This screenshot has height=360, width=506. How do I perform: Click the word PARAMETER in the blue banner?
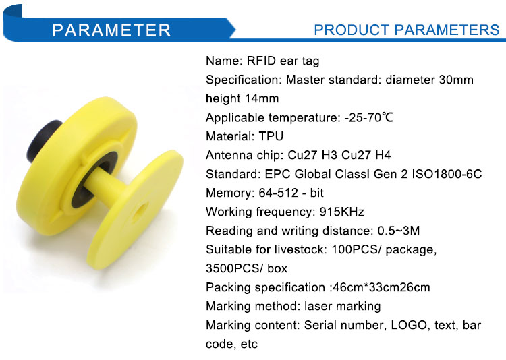tap(111, 30)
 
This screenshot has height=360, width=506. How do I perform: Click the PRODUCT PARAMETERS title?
tap(407, 30)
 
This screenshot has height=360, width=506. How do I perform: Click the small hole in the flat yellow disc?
tap(140, 212)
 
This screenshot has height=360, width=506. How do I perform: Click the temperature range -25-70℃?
tap(368, 117)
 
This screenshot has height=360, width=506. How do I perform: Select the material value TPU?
tap(271, 136)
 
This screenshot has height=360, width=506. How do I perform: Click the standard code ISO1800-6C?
tap(447, 174)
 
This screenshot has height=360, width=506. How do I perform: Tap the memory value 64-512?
tap(278, 193)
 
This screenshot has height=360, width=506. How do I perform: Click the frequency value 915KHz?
tap(342, 212)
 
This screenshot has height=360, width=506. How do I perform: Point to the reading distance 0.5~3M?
tap(399, 231)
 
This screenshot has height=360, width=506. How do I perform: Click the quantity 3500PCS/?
tap(235, 268)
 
